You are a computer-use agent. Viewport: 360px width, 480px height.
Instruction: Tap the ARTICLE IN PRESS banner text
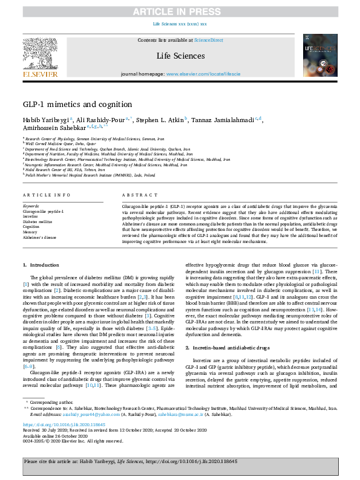180,11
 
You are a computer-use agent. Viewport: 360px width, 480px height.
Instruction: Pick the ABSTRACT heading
136,195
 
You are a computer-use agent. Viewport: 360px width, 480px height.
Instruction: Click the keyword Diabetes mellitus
37,221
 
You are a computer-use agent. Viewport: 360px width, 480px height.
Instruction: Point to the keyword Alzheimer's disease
40,238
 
